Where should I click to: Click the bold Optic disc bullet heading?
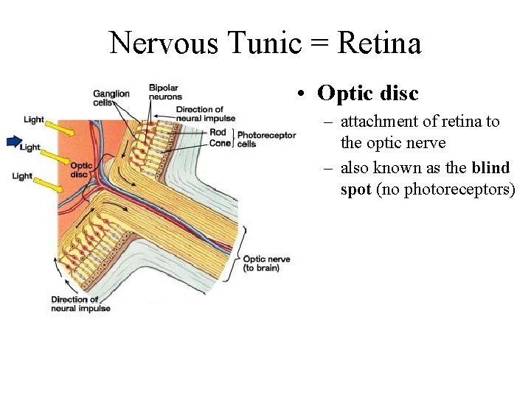pyautogui.click(x=367, y=94)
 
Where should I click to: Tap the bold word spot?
pyautogui.click(x=355, y=189)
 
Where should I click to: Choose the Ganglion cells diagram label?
pyautogui.click(x=111, y=98)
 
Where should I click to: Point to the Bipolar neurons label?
pyautogui.click(x=165, y=92)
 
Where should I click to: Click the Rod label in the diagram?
pyautogui.click(x=218, y=133)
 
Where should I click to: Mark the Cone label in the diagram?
pyautogui.click(x=219, y=143)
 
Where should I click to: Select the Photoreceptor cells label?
pyautogui.click(x=266, y=139)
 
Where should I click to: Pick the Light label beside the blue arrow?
pyautogui.click(x=30, y=147)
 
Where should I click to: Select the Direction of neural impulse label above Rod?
pyautogui.click(x=206, y=114)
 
